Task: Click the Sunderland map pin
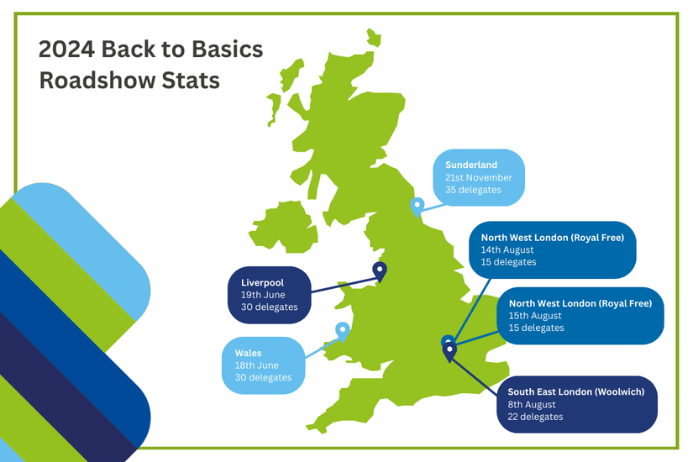tap(417, 207)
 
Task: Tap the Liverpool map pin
tap(380, 270)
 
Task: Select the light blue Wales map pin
tap(343, 331)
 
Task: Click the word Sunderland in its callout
tap(471, 165)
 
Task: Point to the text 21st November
tap(479, 177)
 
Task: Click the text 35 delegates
tap(474, 190)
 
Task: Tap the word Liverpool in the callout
tap(263, 282)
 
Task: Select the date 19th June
tap(263, 295)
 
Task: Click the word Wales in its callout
tap(248, 354)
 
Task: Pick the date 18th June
tap(257, 365)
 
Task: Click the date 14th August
tap(507, 249)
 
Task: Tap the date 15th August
tap(535, 316)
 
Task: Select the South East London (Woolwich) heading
tap(576, 391)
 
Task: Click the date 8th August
tap(532, 405)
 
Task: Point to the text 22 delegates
tap(535, 417)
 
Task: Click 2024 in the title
tap(66, 49)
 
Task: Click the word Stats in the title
tap(191, 81)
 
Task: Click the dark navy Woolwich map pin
tap(449, 352)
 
